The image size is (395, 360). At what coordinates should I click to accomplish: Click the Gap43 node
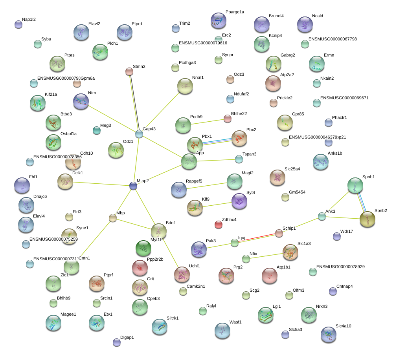(139, 134)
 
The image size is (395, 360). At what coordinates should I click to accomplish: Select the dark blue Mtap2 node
(134, 186)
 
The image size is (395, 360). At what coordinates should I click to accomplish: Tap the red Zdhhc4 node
(219, 225)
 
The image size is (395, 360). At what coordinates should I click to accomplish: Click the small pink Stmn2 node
(129, 71)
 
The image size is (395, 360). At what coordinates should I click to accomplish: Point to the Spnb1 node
(355, 185)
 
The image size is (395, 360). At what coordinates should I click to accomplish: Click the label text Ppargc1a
(235, 12)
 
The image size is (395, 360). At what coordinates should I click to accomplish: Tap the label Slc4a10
(344, 326)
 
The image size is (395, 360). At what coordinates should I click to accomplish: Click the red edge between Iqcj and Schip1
(257, 238)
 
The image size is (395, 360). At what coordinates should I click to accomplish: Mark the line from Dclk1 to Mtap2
(100, 183)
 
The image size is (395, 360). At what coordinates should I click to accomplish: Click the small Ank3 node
(322, 216)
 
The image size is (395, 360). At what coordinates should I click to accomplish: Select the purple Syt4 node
(239, 201)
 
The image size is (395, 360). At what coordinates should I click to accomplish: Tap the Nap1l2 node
(18, 24)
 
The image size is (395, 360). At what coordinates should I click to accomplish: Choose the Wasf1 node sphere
(222, 331)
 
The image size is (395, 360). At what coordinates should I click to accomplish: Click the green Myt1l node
(143, 248)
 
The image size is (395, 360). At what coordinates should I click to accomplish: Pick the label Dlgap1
(127, 337)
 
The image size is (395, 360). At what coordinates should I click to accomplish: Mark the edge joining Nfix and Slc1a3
(267, 256)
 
